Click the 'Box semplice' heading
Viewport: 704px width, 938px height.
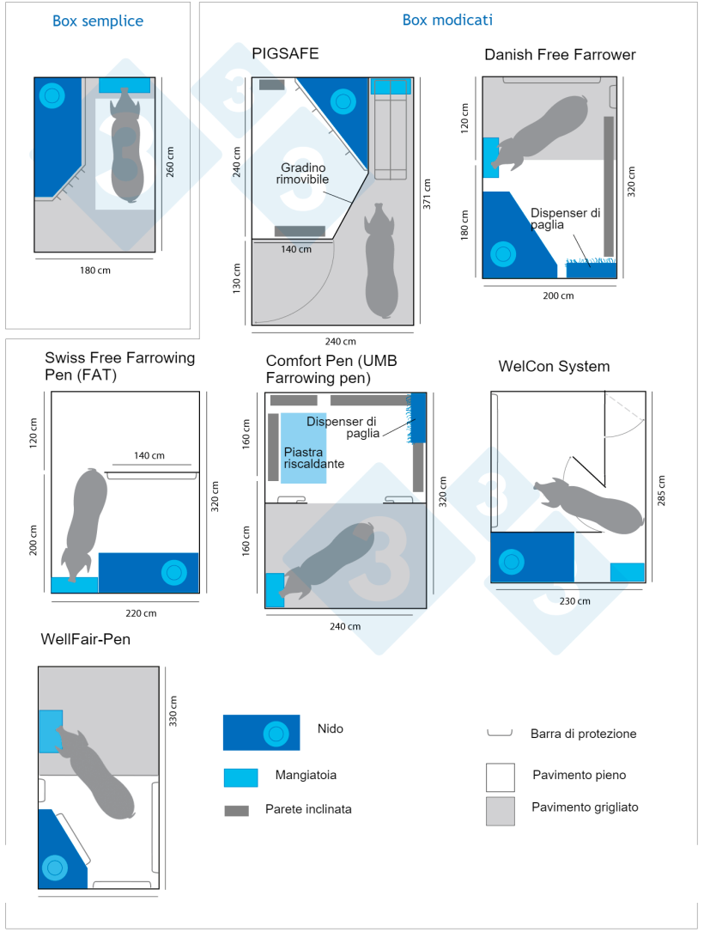[x=98, y=21]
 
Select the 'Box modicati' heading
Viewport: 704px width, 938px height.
[x=447, y=19]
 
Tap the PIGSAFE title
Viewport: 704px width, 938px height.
[x=285, y=53]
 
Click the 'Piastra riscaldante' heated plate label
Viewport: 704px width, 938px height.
[x=314, y=457]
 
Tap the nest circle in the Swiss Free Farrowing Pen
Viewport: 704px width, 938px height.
[x=174, y=572]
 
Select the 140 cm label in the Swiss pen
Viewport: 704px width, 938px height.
[x=149, y=455]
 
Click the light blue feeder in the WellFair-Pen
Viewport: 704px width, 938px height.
[x=51, y=731]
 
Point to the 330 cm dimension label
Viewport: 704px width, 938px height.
[x=173, y=711]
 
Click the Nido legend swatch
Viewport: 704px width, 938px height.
[x=261, y=732]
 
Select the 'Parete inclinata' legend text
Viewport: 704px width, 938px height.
[x=308, y=809]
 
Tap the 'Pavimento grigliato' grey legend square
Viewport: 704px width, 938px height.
[x=501, y=811]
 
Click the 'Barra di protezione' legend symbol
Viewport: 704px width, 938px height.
[x=499, y=734]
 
